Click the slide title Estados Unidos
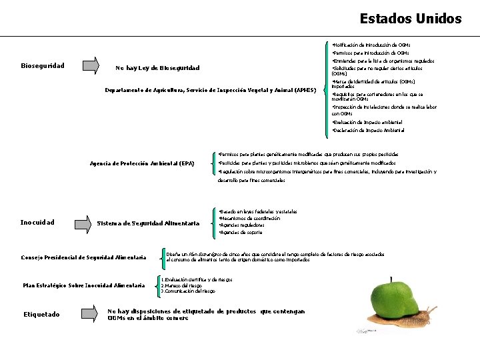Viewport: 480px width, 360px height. point(410,19)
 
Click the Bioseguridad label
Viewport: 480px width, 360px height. point(43,66)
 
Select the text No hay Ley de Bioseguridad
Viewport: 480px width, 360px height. point(157,68)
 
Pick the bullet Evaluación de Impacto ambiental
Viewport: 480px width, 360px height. point(367,122)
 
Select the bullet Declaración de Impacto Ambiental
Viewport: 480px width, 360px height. point(368,130)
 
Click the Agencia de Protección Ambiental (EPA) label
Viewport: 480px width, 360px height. point(142,163)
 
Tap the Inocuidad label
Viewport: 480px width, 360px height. point(37,222)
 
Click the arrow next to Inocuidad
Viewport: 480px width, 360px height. point(83,222)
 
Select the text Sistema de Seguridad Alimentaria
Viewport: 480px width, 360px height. point(148,223)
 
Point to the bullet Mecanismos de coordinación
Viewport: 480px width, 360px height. point(250,218)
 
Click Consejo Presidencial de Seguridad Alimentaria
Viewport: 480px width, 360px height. point(83,257)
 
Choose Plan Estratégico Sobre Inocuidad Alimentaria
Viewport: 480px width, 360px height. point(84,285)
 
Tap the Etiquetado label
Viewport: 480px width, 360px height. point(41,314)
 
